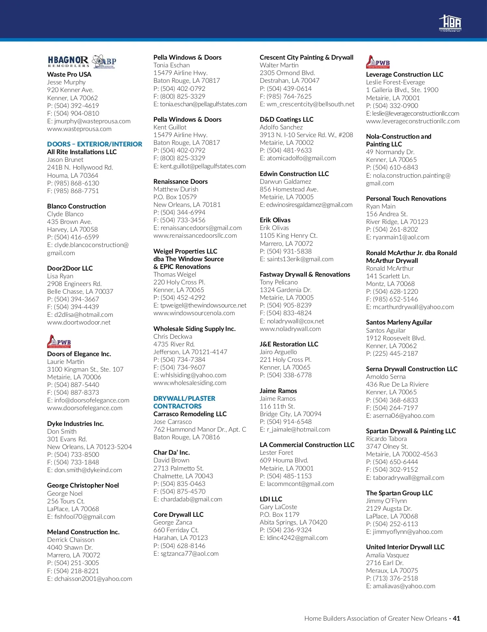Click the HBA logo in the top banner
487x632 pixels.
(450, 23)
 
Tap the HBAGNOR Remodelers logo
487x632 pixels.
(68, 61)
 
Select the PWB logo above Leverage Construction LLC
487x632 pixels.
(378, 62)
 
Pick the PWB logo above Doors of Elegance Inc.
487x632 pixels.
(59, 342)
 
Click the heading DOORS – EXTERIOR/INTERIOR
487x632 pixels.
(95, 144)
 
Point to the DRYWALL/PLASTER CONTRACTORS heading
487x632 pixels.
(184, 402)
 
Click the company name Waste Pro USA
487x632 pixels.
(69, 74)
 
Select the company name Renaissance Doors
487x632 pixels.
(180, 181)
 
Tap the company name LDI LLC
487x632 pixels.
(271, 499)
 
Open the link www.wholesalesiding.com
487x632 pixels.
(190, 383)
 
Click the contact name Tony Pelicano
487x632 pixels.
(278, 282)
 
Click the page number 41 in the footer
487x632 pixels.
(456, 619)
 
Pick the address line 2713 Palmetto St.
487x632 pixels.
(178, 469)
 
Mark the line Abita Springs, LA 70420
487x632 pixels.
(293, 522)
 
